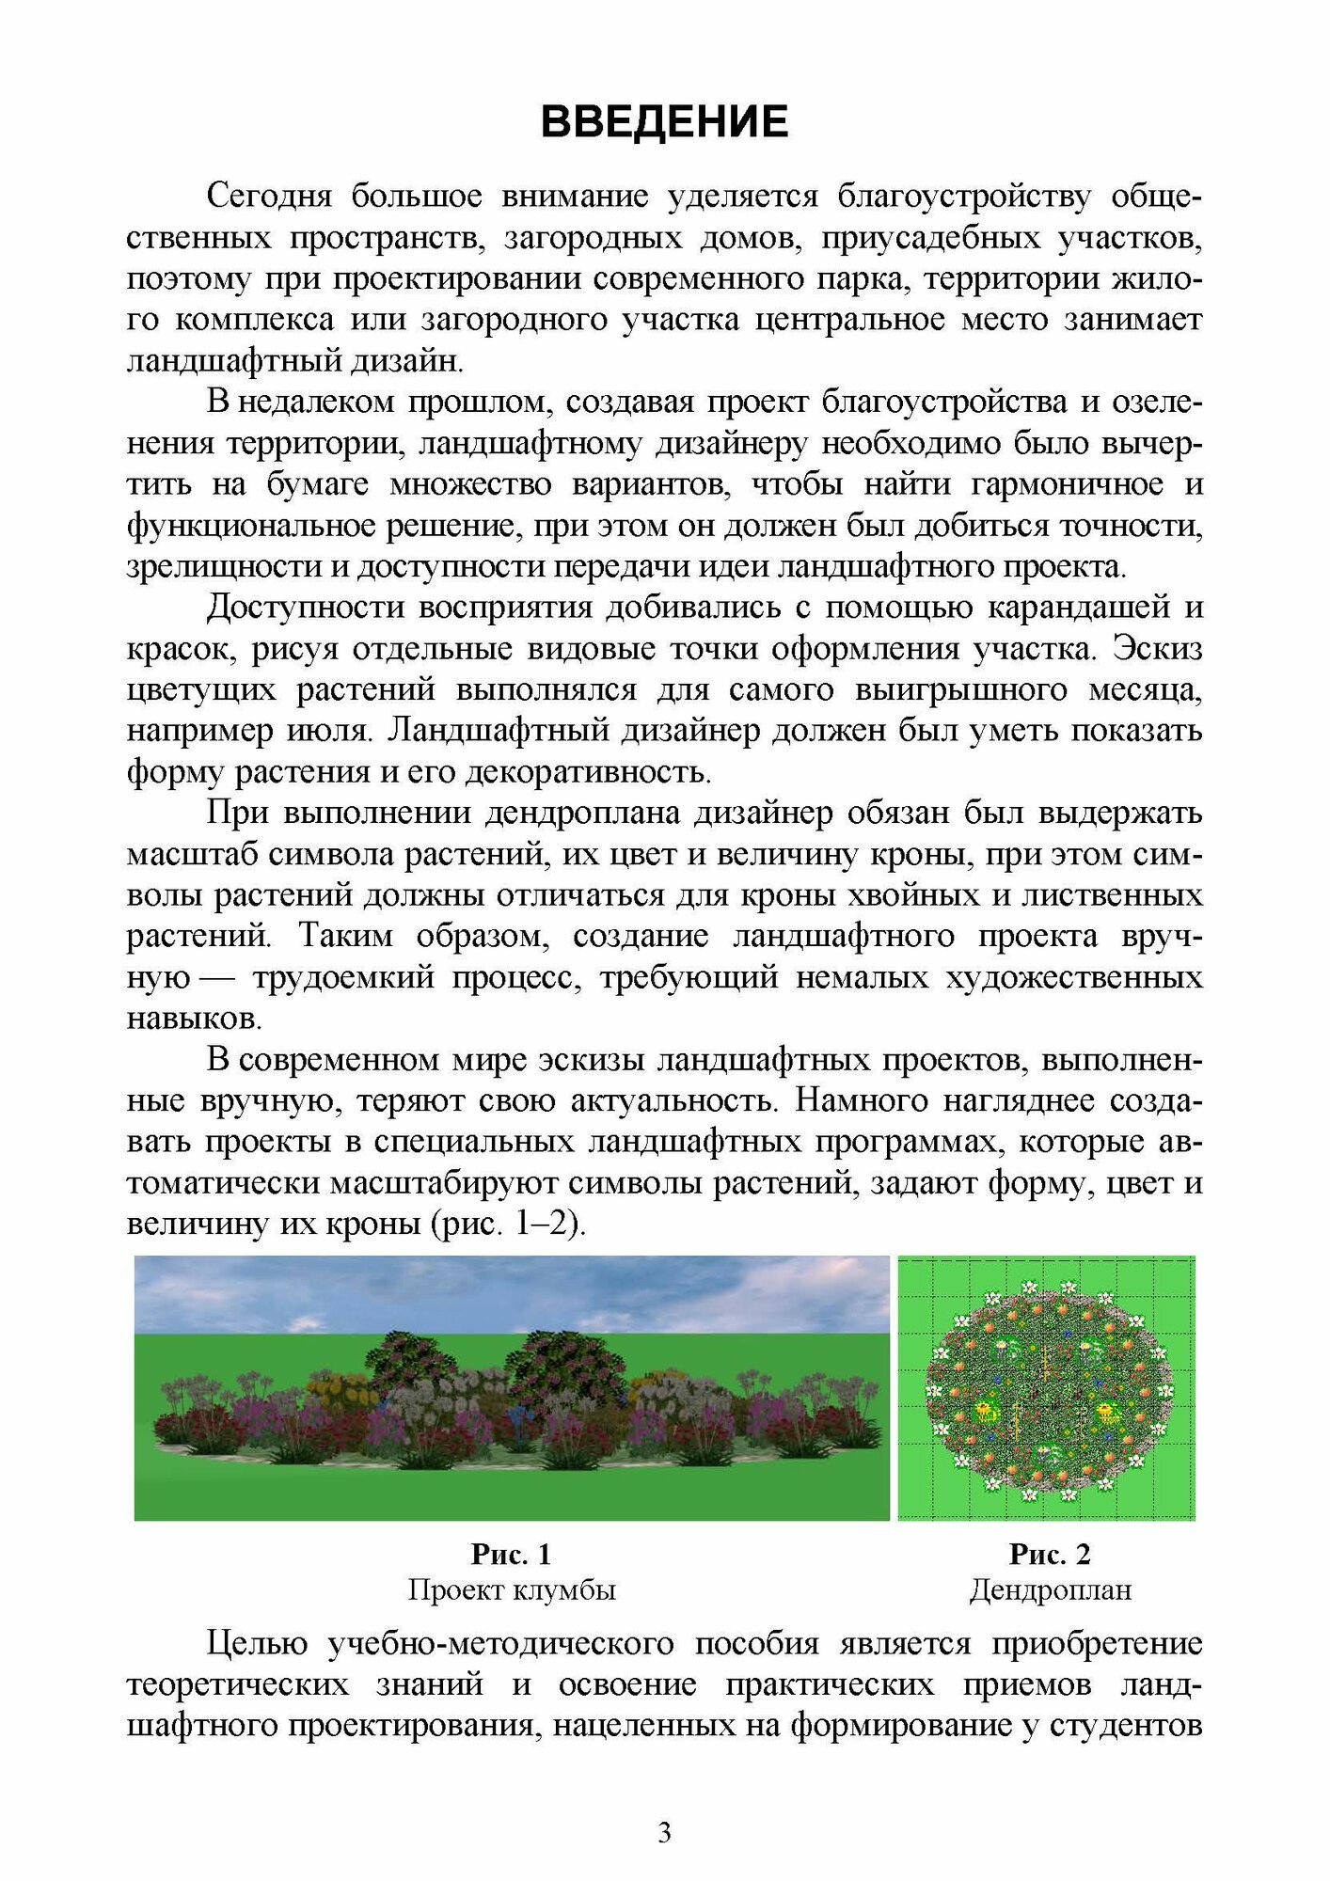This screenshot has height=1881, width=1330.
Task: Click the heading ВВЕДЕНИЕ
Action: (664, 123)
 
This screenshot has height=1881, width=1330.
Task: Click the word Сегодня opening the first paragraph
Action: (269, 197)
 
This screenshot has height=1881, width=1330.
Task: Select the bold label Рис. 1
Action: (511, 1555)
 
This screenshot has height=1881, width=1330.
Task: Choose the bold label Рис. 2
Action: (1050, 1555)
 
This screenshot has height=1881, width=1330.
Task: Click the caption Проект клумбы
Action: (511, 1590)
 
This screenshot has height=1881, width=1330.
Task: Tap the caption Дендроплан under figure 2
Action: (1050, 1590)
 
